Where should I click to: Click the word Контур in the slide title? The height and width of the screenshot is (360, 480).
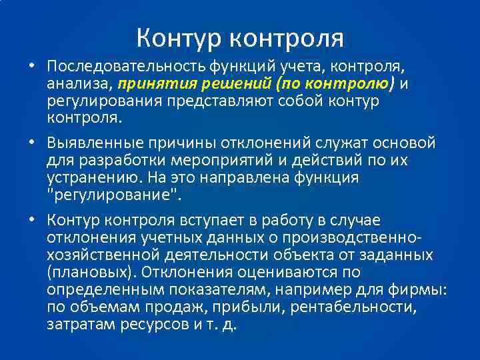179,38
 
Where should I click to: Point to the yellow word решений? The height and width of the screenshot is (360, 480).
223,85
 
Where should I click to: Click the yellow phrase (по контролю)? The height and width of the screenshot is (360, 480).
328,85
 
